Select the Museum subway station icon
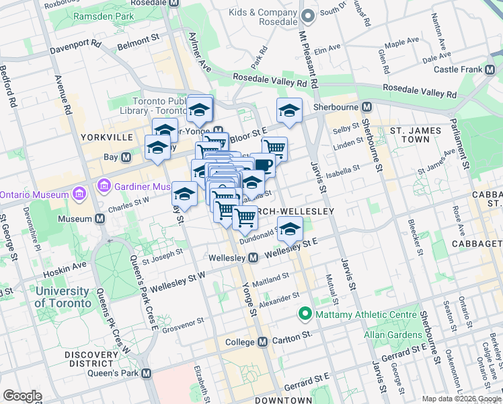click(100, 218)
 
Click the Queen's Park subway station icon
click(146, 373)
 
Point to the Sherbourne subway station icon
click(367, 107)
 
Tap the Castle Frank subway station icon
click(489, 69)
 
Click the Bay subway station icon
click(126, 157)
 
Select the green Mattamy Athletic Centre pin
click(305, 314)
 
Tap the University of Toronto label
click(63, 297)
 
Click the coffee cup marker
click(263, 164)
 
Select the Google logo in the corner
click(22, 396)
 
